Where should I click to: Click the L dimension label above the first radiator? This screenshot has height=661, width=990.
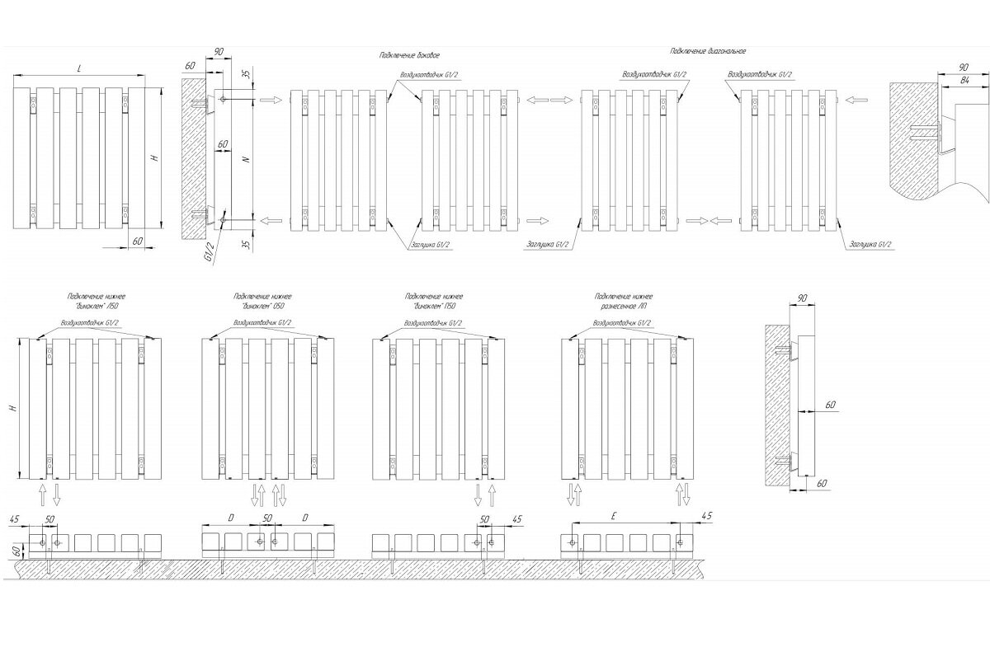point(78,69)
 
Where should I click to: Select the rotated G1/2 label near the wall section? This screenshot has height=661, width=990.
point(210,251)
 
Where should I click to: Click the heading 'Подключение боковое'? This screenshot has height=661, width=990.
point(409,55)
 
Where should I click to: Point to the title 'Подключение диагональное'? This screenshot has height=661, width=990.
point(708,51)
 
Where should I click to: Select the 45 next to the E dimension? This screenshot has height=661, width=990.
point(705,515)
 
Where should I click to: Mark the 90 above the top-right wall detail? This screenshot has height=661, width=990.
point(964,66)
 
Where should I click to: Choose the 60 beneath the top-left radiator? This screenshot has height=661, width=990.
point(137,240)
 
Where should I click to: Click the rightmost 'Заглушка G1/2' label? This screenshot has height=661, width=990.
point(871,245)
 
